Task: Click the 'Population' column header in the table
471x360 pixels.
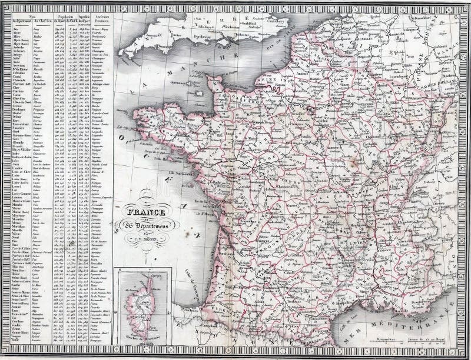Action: click(62, 18)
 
